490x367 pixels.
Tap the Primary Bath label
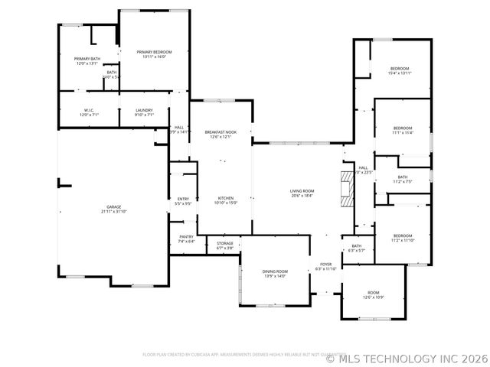click(x=87, y=61)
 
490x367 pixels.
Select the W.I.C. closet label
click(x=89, y=112)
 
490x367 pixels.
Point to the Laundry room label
click(x=144, y=112)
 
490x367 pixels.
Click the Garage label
click(x=113, y=209)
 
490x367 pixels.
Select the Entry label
click(x=183, y=201)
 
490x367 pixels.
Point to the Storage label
click(x=224, y=245)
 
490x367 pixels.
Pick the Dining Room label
click(x=275, y=274)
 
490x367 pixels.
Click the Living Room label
click(x=302, y=193)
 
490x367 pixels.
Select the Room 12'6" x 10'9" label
click(x=373, y=294)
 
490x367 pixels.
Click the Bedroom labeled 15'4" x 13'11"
click(x=400, y=70)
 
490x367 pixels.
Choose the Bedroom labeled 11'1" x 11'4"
click(x=403, y=130)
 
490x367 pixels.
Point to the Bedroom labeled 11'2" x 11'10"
click(x=403, y=238)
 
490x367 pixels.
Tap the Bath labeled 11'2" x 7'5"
click(x=402, y=179)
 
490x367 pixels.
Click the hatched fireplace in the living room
click(x=348, y=188)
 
